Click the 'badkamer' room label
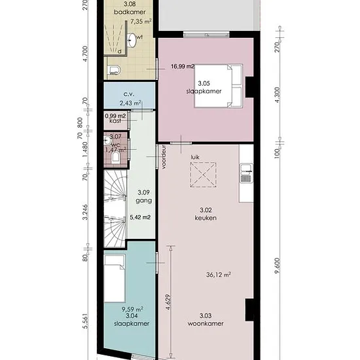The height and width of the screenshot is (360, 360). click(x=130, y=12)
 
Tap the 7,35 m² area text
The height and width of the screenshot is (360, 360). click(x=141, y=22)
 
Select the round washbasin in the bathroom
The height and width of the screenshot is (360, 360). click(x=132, y=40)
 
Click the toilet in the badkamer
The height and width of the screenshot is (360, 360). click(x=115, y=70)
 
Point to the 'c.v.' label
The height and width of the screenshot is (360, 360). click(x=129, y=94)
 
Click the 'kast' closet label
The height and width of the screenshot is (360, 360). click(x=115, y=121)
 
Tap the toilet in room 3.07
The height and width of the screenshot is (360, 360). click(x=115, y=158)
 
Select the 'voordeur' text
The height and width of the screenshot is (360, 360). click(x=164, y=157)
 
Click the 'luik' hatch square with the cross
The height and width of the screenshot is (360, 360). click(x=203, y=175)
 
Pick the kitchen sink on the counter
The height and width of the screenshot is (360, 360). click(x=246, y=173)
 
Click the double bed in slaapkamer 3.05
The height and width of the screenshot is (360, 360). click(x=219, y=86)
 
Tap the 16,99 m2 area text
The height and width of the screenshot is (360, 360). click(x=183, y=67)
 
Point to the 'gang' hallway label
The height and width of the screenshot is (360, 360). click(x=144, y=201)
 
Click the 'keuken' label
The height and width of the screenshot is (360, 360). click(x=206, y=218)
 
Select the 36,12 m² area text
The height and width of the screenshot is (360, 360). click(x=219, y=275)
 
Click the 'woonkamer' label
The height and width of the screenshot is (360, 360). click(x=206, y=323)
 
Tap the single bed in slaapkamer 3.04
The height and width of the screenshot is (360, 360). click(x=115, y=278)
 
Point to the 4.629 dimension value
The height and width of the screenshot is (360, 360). click(x=168, y=302)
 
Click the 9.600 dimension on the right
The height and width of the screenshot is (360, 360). click(x=278, y=266)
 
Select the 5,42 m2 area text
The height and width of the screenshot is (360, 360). click(x=140, y=217)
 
